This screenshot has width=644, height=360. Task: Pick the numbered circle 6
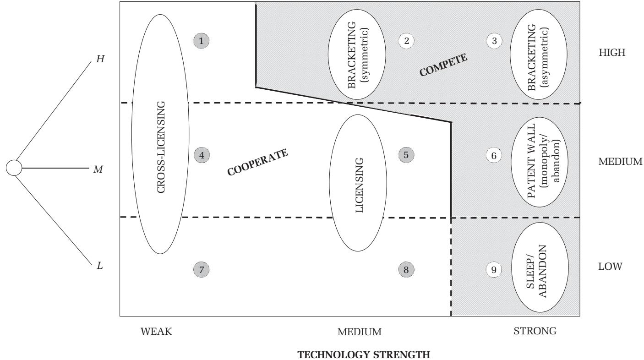click(494, 156)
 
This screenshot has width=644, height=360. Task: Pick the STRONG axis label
click(539, 331)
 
